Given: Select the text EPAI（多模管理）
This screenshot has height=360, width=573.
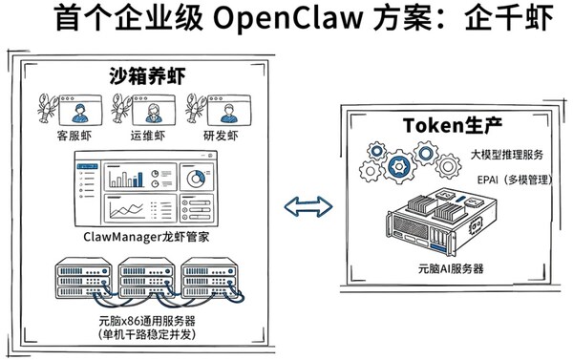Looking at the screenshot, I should click(x=515, y=179).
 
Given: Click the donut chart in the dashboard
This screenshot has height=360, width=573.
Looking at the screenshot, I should click(x=197, y=179).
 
